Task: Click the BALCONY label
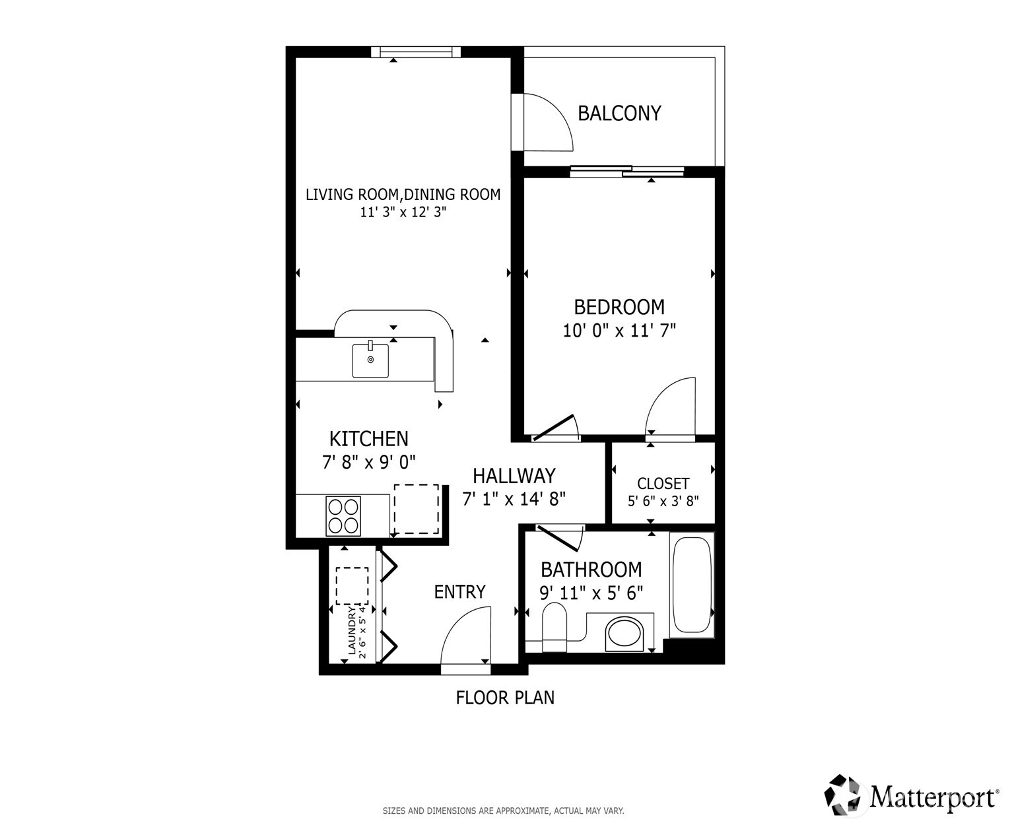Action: (619, 114)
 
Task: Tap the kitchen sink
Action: (370, 360)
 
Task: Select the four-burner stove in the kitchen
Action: (343, 515)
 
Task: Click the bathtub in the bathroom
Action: (691, 585)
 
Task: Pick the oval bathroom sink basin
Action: (624, 633)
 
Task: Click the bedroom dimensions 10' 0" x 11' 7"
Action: (619, 330)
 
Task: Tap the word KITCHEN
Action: (368, 439)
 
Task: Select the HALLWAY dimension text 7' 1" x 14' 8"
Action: (514, 498)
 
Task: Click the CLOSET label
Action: (663, 484)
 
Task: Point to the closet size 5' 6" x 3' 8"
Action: (663, 501)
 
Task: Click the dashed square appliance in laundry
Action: (352, 585)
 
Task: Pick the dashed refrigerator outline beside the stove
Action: (417, 509)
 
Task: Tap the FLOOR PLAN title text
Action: (505, 698)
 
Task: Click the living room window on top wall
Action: (415, 52)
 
